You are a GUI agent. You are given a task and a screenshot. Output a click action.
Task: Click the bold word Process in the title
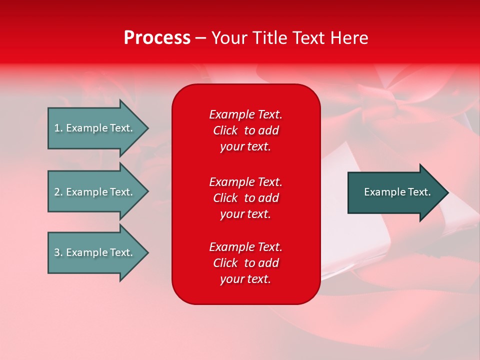click(157, 38)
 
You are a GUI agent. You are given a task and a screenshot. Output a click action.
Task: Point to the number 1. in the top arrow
click(58, 128)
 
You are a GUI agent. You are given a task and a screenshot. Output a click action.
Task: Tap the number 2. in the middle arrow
click(58, 192)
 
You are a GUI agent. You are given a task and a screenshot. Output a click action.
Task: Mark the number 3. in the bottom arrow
click(58, 252)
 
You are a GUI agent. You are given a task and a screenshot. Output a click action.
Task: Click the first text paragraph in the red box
click(245, 130)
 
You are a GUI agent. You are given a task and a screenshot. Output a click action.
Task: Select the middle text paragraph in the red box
click(245, 198)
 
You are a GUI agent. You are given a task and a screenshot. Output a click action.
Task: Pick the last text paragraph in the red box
click(245, 263)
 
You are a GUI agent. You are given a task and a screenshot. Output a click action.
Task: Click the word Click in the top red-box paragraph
click(225, 130)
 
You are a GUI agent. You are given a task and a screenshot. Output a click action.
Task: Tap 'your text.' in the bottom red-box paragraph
click(245, 279)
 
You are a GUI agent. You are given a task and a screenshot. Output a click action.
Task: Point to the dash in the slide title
click(200, 38)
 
